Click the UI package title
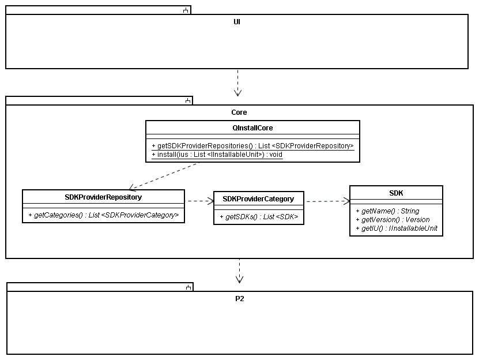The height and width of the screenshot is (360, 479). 237,22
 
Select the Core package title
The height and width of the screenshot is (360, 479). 239,112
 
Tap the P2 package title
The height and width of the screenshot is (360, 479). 240,298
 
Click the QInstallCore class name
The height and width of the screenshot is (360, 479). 252,128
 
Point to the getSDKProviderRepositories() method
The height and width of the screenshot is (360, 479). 252,146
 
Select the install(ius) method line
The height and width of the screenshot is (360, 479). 217,155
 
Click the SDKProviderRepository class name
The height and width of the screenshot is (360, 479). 103,197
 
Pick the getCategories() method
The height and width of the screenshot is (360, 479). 104,215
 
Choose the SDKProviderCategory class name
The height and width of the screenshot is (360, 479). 258,199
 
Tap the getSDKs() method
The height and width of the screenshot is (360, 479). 259,217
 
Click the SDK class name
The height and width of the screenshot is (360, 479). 396,193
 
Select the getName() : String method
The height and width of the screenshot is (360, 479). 387,211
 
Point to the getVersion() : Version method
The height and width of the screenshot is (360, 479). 393,220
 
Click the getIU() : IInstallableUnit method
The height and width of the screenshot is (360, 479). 397,228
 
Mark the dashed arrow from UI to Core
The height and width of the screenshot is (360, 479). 237,82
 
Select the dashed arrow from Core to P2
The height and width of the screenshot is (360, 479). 240,271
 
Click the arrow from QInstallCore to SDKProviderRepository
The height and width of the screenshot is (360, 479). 164,176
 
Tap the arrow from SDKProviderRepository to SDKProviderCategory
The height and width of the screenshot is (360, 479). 199,201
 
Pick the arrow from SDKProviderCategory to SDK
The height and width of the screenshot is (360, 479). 327,201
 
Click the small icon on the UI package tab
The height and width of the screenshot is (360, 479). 186,10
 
